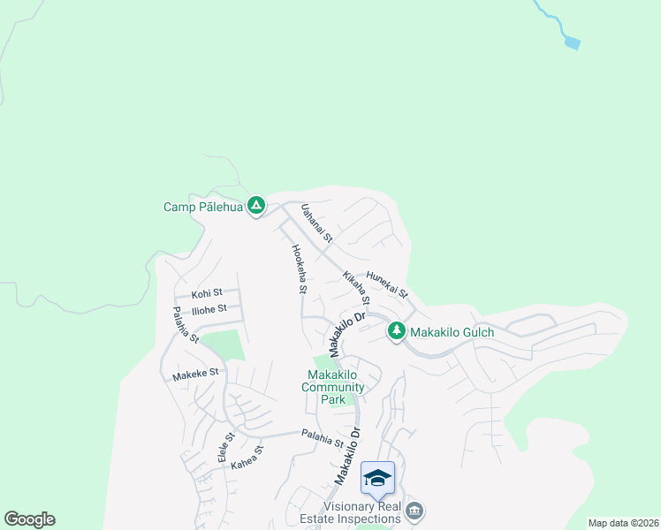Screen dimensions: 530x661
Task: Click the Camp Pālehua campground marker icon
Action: (x=256, y=207)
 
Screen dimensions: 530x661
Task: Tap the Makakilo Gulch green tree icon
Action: (x=397, y=331)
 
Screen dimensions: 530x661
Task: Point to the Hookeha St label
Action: (x=299, y=269)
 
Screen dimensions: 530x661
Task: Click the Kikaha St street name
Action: (x=356, y=288)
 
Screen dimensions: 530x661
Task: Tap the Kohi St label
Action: (x=206, y=292)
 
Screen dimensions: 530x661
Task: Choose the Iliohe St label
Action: (x=209, y=308)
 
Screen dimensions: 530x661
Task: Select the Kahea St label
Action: (x=247, y=458)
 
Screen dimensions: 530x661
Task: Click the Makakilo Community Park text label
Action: (x=333, y=387)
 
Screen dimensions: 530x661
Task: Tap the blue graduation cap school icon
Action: (x=377, y=478)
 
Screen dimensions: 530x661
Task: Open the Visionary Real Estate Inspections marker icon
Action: (x=414, y=511)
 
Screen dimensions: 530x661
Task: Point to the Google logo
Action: (x=29, y=519)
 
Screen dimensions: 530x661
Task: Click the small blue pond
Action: (x=573, y=42)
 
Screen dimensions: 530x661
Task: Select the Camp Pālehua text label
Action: (x=202, y=208)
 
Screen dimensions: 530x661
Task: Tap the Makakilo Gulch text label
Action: (x=451, y=332)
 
